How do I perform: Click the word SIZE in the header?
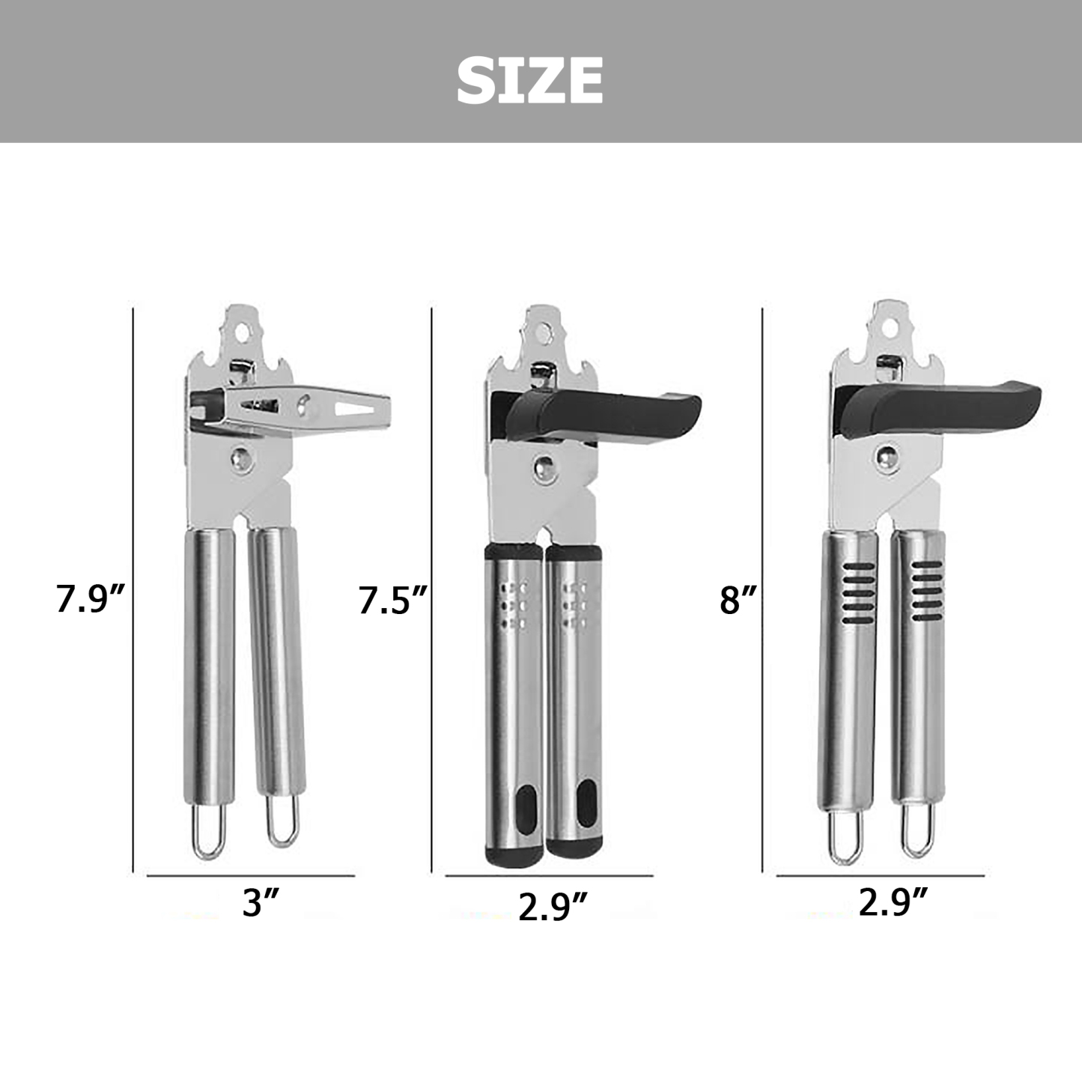coord(529,80)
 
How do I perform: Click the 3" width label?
coord(261,902)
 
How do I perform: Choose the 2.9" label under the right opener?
coord(893,902)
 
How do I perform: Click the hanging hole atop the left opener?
coord(242,326)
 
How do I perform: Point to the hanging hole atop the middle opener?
coord(544,329)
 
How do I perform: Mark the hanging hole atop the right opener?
coord(891,326)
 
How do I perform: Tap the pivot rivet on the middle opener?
coord(542,467)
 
